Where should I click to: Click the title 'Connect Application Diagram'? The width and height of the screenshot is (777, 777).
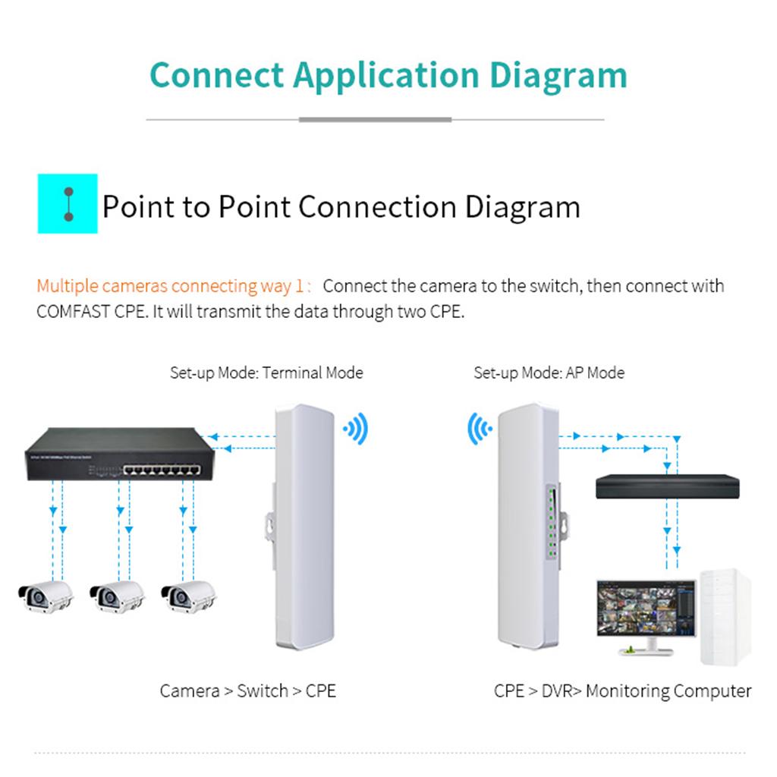(x=388, y=75)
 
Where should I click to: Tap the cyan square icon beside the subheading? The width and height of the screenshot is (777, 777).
(x=68, y=203)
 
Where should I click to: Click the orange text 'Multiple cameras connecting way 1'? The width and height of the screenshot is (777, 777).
(x=174, y=286)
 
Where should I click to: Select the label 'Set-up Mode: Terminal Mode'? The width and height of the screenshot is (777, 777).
(x=266, y=373)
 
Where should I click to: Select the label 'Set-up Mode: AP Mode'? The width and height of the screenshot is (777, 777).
(x=549, y=373)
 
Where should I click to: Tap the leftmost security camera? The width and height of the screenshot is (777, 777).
(x=45, y=596)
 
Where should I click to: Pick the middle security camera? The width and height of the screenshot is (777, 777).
(x=117, y=596)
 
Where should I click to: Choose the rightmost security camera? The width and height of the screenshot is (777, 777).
(x=188, y=596)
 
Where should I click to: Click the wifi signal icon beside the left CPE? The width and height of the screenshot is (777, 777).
(x=355, y=429)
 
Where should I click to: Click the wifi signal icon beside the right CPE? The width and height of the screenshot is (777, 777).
(x=480, y=429)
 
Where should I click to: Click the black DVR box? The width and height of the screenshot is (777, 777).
(x=666, y=486)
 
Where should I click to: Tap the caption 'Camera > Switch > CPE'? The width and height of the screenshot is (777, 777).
(x=247, y=690)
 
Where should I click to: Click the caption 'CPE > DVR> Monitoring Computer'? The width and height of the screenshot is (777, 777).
(x=622, y=690)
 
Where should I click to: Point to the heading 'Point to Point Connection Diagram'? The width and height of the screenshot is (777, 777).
(x=341, y=206)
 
